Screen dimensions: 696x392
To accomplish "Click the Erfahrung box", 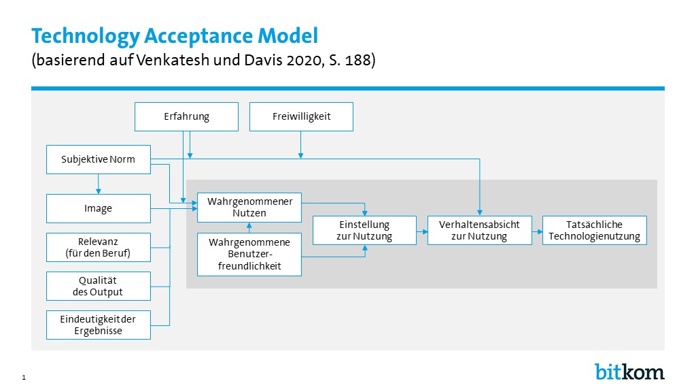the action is tap(186, 116).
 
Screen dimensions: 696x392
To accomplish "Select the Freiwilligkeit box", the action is tap(301, 116).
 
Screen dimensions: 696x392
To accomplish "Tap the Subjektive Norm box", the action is tap(99, 159).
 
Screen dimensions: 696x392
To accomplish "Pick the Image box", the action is tap(99, 208).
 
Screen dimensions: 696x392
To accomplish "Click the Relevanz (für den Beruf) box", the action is tap(99, 247).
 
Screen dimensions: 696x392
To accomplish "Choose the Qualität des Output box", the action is tap(99, 287).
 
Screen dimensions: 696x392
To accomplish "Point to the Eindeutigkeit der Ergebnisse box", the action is tap(99, 325).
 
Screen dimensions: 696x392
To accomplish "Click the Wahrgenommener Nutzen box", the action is tap(249, 207).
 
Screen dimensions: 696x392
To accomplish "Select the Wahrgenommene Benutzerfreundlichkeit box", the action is tap(249, 255).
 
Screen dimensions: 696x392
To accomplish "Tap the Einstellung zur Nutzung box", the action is tap(364, 230).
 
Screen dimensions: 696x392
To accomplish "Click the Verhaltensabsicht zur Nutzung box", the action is tap(479, 230).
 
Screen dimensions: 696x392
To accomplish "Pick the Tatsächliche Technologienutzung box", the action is tap(594, 230).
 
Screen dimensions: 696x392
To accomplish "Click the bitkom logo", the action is tap(629, 371).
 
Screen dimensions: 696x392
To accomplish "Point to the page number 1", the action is tap(24, 378).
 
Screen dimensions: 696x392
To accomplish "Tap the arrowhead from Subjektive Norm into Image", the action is tap(99, 191).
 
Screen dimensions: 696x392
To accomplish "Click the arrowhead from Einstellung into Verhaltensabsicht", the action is tap(425, 231).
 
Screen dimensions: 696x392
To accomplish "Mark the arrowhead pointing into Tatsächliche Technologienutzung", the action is tap(540, 231).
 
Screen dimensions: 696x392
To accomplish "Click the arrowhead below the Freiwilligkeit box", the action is tap(301, 156).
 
